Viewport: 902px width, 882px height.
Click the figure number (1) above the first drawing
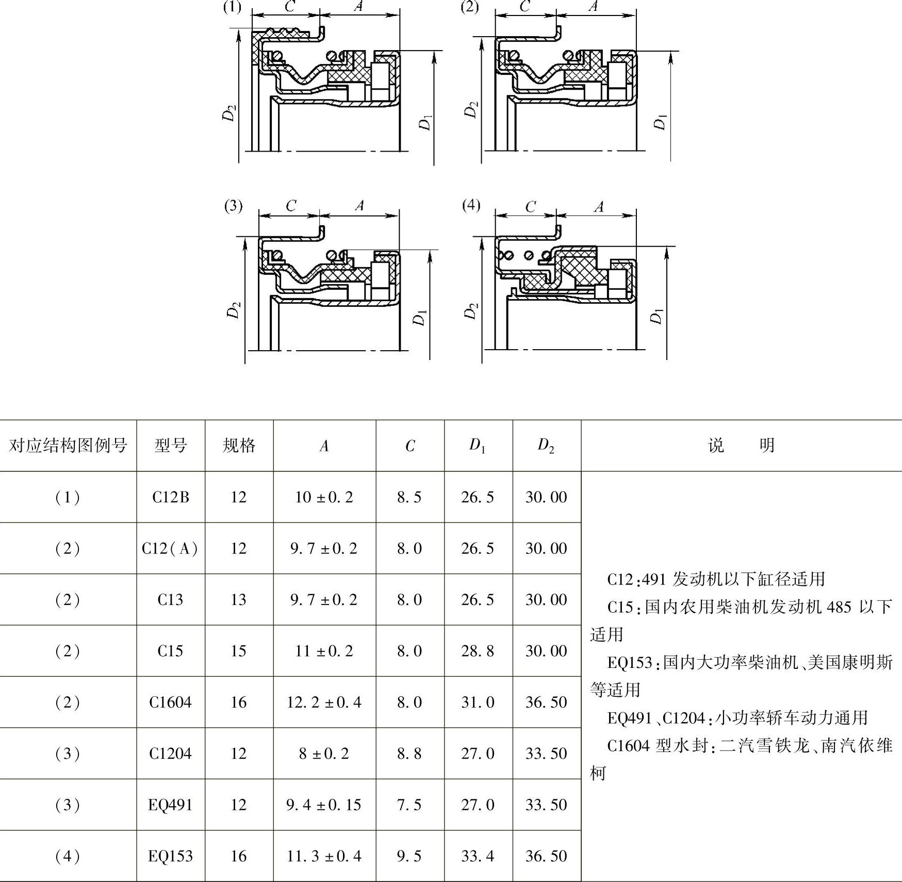pos(232,8)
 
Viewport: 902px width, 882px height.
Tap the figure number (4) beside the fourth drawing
pos(471,205)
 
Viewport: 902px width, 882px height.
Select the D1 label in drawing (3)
pos(420,318)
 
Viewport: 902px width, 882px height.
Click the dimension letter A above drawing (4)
pos(598,207)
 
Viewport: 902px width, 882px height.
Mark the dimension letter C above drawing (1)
pos(290,7)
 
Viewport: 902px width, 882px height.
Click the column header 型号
pos(171,445)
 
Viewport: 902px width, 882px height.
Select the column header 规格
pos(239,445)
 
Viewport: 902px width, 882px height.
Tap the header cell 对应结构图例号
pos(68,445)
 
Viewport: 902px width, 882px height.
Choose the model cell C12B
pos(171,497)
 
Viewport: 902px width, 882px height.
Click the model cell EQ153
pos(170,856)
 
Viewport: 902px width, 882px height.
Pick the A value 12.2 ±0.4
pos(324,702)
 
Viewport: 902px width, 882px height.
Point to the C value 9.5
pos(409,856)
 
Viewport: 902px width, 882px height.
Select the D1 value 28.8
pos(478,651)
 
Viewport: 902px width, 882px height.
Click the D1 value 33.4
pos(478,856)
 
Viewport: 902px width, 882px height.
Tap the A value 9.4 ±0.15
pos(324,805)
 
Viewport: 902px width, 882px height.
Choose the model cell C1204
pos(170,754)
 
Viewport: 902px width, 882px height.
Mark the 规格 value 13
pos(238,599)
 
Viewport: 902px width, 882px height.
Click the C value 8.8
pos(409,754)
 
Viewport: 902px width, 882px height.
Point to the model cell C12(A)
pos(170,548)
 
